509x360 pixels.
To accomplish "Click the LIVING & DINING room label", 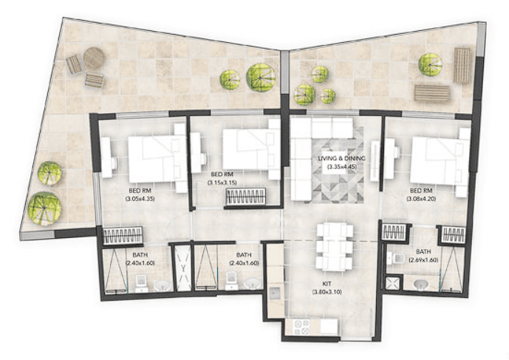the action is [x=341, y=158].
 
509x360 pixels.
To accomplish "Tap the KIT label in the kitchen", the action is [x=327, y=285].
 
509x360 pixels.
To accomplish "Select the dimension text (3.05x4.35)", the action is [x=140, y=198].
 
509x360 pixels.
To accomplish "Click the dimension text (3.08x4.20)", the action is [x=421, y=199].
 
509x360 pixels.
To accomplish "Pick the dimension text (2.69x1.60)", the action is [x=423, y=260].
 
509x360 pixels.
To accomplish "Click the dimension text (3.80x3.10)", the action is [x=327, y=292].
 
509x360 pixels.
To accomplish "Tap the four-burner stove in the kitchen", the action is [x=301, y=327].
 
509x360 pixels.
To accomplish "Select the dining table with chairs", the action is [x=335, y=247].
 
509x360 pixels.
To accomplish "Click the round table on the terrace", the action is [x=94, y=58].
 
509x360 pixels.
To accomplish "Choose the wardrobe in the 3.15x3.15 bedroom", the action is [x=246, y=197].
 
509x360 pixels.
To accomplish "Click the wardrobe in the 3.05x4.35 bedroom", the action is [x=123, y=235].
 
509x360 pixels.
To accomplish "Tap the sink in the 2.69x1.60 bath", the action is [x=423, y=285].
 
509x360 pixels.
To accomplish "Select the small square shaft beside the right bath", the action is [x=393, y=282].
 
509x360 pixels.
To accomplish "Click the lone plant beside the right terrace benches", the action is [x=430, y=64].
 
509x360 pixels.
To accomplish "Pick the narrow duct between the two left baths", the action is [x=183, y=268].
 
